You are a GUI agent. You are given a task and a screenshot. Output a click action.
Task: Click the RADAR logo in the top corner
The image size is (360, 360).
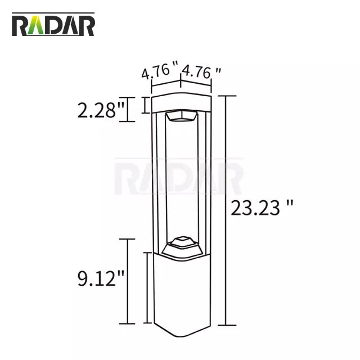pyautogui.click(x=53, y=25)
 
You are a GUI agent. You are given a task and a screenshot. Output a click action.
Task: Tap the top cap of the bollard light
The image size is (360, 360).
pyautogui.click(x=181, y=102)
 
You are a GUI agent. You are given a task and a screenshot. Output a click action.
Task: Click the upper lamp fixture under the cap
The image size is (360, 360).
pyautogui.click(x=181, y=117)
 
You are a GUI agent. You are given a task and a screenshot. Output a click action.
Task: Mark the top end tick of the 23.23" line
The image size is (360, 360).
pyautogui.click(x=226, y=96)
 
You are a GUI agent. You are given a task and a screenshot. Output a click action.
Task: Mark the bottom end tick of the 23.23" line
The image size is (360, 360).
pyautogui.click(x=226, y=325)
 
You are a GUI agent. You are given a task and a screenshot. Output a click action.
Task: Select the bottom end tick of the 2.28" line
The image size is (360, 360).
pyautogui.click(x=129, y=121)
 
